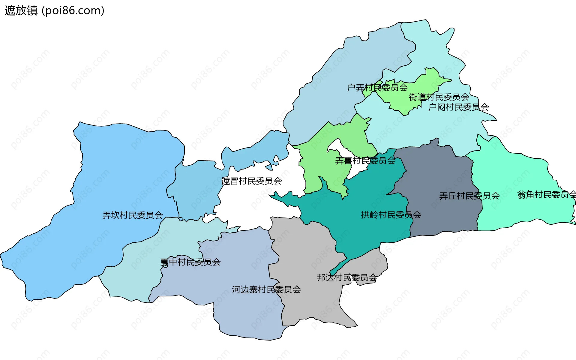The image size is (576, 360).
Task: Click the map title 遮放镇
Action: (x=21, y=10)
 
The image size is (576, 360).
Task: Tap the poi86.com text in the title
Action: (x=73, y=10)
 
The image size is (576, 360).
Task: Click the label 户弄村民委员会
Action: (x=377, y=88)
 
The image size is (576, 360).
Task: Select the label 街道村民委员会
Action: (x=439, y=97)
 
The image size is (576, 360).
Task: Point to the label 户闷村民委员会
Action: (x=458, y=107)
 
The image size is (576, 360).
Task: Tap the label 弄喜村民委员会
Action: (x=365, y=161)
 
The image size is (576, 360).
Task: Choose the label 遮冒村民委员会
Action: (x=251, y=181)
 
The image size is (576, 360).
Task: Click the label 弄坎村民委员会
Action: (x=133, y=215)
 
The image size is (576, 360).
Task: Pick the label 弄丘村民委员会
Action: (x=469, y=196)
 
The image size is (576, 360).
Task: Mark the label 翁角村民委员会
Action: (x=546, y=195)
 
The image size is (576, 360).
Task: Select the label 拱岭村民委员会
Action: (x=391, y=215)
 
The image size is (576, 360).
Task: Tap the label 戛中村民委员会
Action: (x=190, y=262)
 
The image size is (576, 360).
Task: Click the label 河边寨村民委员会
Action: (x=266, y=289)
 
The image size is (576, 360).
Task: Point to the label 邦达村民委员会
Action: (x=347, y=277)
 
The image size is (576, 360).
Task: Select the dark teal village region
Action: (x=369, y=231)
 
